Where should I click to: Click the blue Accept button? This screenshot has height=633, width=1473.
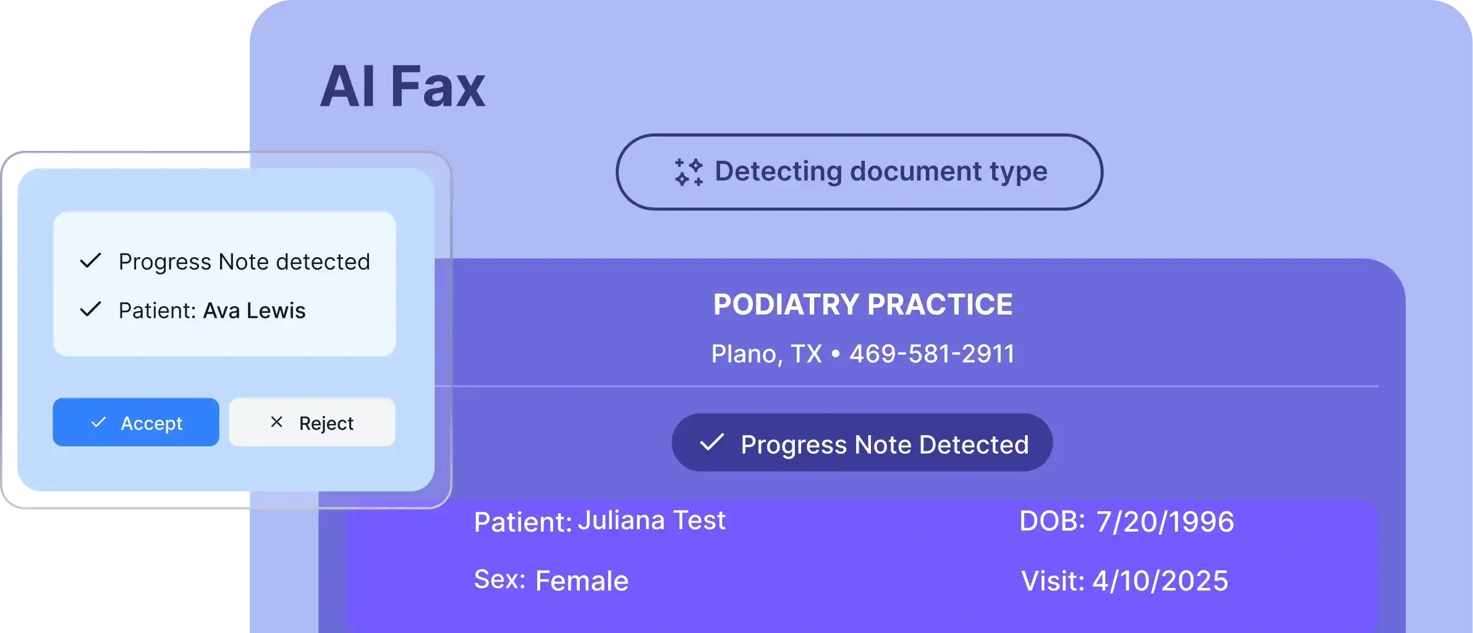[x=136, y=422]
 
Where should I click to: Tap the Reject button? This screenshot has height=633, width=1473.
[x=312, y=422]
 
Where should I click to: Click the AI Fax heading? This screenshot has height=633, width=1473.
[x=402, y=87]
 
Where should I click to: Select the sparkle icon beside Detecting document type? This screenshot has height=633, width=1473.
[x=689, y=172]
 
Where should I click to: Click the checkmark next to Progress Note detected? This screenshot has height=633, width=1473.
[x=90, y=261]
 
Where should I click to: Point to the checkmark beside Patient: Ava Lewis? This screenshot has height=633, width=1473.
[x=90, y=309]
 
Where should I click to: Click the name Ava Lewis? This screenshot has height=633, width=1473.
[x=254, y=310]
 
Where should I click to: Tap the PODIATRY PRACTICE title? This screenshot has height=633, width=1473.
[x=863, y=304]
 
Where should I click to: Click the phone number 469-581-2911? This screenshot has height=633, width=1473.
[x=932, y=354]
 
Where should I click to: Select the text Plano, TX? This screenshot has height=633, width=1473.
[x=766, y=354]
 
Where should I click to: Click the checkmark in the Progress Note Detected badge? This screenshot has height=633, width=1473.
[x=711, y=443]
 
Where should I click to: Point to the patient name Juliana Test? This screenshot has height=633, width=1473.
[x=652, y=520]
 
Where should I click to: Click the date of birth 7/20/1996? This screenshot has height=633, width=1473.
[x=1165, y=522]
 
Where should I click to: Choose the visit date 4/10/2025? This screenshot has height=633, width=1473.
[x=1160, y=581]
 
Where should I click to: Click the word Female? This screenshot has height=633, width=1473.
[x=581, y=581]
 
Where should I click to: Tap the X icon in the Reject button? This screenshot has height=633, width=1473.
[x=276, y=422]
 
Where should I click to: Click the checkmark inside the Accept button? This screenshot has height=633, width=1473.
[x=98, y=422]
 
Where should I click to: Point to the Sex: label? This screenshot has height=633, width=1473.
[x=499, y=580]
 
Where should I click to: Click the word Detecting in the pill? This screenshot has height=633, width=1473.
[x=778, y=171]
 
